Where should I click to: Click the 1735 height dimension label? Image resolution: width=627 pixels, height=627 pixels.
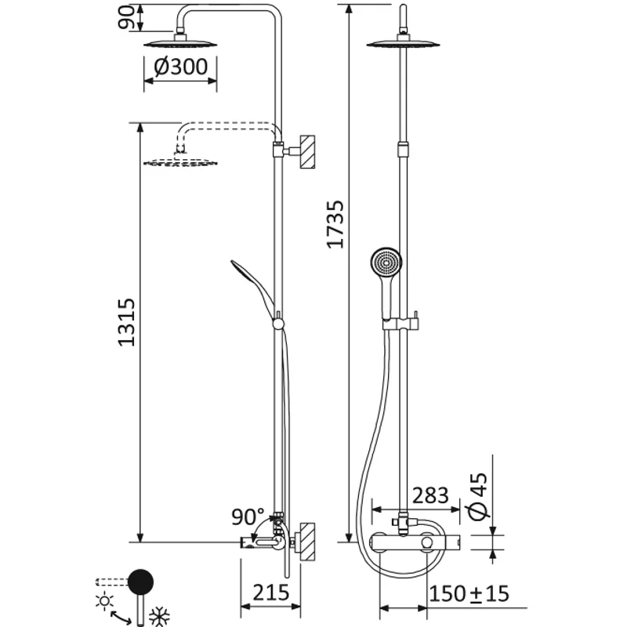point(335,224)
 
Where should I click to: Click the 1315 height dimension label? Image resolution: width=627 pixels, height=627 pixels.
point(128,322)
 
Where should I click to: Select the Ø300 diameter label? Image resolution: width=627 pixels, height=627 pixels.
point(181,67)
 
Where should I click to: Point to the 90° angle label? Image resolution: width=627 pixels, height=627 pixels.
point(248,517)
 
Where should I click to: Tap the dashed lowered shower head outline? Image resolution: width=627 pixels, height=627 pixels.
point(180,162)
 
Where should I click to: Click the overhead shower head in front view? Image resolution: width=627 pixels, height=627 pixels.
point(401,43)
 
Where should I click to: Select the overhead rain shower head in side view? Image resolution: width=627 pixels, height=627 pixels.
point(181,44)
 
